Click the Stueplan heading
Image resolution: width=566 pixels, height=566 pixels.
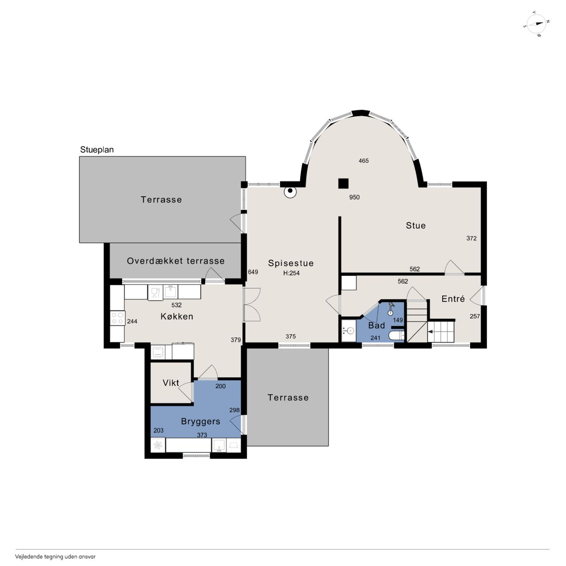pos(97,150)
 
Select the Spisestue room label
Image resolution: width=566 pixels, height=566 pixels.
pos(291,263)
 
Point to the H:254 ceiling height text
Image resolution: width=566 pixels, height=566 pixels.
pos(291,273)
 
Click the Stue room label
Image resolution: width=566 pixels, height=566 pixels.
pos(416,225)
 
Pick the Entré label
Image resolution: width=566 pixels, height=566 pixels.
pos(453,299)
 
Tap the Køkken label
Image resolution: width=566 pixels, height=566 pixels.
pos(177,316)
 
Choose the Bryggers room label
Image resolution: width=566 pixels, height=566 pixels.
pos(200,421)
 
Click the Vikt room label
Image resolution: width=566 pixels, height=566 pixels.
pos(171,383)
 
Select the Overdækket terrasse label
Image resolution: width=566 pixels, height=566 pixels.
pos(176,261)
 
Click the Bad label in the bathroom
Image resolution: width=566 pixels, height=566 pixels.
pos(376,325)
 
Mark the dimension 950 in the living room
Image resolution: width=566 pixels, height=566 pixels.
pos(354,197)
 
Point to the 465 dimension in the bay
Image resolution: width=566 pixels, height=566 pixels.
pos(363,161)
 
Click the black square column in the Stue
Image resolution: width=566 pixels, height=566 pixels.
pos(344,183)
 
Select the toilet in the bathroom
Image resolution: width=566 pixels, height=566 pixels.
pos(396,336)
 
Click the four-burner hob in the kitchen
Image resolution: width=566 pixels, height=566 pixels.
pos(118,318)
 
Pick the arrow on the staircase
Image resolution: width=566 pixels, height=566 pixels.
pos(430,332)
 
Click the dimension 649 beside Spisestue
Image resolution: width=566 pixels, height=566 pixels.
pos(253,272)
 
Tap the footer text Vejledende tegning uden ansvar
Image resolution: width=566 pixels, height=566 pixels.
pos(55,556)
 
